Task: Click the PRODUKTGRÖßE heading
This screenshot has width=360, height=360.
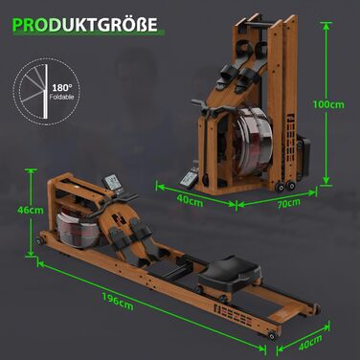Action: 85,25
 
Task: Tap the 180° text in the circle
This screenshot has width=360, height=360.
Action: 62,88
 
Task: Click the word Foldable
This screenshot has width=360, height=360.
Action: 61,97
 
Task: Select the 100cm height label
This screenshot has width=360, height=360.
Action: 328,104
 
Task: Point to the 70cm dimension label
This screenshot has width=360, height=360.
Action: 289,203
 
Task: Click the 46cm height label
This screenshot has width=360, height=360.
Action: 31,211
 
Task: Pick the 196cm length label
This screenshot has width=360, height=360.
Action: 118,302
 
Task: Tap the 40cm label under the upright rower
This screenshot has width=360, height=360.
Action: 190,200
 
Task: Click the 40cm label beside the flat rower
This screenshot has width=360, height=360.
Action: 310,343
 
